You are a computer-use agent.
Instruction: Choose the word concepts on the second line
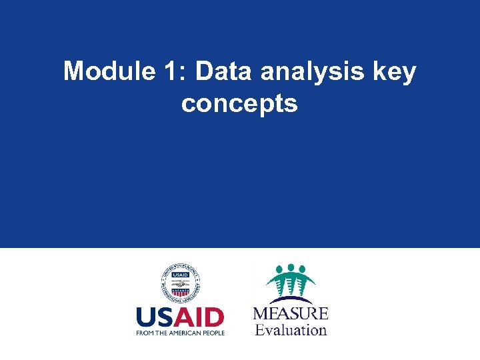coord(239,103)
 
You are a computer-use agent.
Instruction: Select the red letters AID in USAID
coord(202,317)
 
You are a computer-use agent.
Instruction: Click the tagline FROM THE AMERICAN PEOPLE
coord(180,332)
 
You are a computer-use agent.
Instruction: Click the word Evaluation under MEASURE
coord(291,329)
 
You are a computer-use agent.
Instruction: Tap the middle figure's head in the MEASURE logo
coord(291,267)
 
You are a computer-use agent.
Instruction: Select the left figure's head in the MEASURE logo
coord(279,270)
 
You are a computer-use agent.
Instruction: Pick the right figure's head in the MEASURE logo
coord(303,270)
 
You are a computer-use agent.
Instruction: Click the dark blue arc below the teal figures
coord(291,300)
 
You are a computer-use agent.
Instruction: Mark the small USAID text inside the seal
coord(180,275)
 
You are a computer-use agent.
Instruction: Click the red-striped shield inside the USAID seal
coord(180,291)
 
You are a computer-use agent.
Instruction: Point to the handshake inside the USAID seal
coord(180,283)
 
